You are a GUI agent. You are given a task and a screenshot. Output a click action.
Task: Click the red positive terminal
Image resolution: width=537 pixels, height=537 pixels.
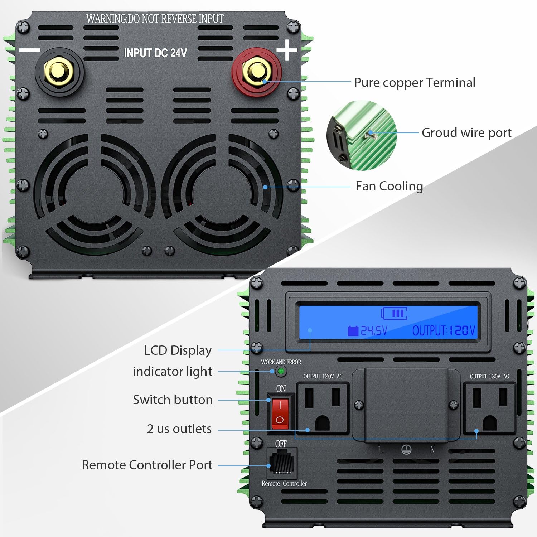coord(256,72)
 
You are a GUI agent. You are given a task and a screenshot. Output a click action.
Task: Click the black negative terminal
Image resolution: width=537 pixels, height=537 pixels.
coord(59,72)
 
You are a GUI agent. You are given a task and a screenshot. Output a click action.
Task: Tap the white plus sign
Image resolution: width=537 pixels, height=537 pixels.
coord(287,50)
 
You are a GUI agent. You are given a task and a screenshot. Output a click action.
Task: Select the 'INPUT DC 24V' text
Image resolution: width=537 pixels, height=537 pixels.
coord(155,53)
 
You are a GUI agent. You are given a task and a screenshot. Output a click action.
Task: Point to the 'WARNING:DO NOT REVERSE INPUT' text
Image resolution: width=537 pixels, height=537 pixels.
coord(155,19)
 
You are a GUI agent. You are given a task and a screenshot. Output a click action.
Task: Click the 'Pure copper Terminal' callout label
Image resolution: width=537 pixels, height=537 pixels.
coord(414,83)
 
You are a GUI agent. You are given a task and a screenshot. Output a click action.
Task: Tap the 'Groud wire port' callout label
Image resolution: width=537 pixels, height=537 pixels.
coord(466,133)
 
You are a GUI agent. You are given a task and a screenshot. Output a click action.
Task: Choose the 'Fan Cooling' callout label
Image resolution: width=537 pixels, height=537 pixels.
coord(389,186)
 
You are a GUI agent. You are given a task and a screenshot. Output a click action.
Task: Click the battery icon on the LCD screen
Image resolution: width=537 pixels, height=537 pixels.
coord(394,313)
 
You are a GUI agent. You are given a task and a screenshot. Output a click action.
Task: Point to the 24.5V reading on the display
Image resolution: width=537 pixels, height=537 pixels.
coord(368,330)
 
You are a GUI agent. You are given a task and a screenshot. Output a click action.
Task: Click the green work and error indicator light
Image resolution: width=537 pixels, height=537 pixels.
coord(281,371)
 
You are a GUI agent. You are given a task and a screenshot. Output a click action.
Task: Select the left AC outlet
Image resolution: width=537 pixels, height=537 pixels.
coord(323,408)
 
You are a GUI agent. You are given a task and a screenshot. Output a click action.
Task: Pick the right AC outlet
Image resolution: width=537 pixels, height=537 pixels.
coord(489,408)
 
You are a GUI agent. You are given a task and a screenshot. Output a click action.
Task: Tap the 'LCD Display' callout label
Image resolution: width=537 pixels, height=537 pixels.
coord(178,350)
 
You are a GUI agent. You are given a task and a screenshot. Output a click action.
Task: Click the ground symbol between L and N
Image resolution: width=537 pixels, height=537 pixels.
coord(406,450)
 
